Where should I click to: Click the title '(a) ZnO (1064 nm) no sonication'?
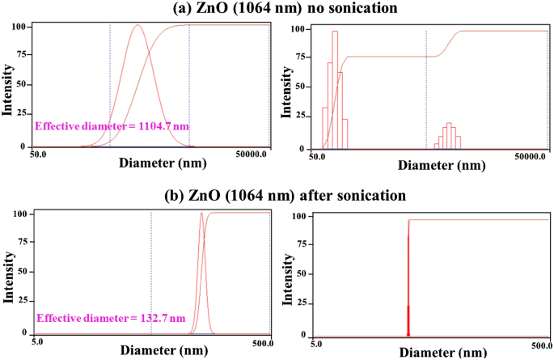pos(276,9)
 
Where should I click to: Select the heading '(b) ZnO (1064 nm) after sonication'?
pos(277,195)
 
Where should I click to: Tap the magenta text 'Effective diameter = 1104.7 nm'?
pos(112,127)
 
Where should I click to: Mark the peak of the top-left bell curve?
pos(137,25)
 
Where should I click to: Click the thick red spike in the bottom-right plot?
pos(408,283)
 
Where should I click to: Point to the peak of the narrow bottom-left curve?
pos(201,214)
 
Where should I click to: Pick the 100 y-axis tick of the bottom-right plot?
pos(298,217)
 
